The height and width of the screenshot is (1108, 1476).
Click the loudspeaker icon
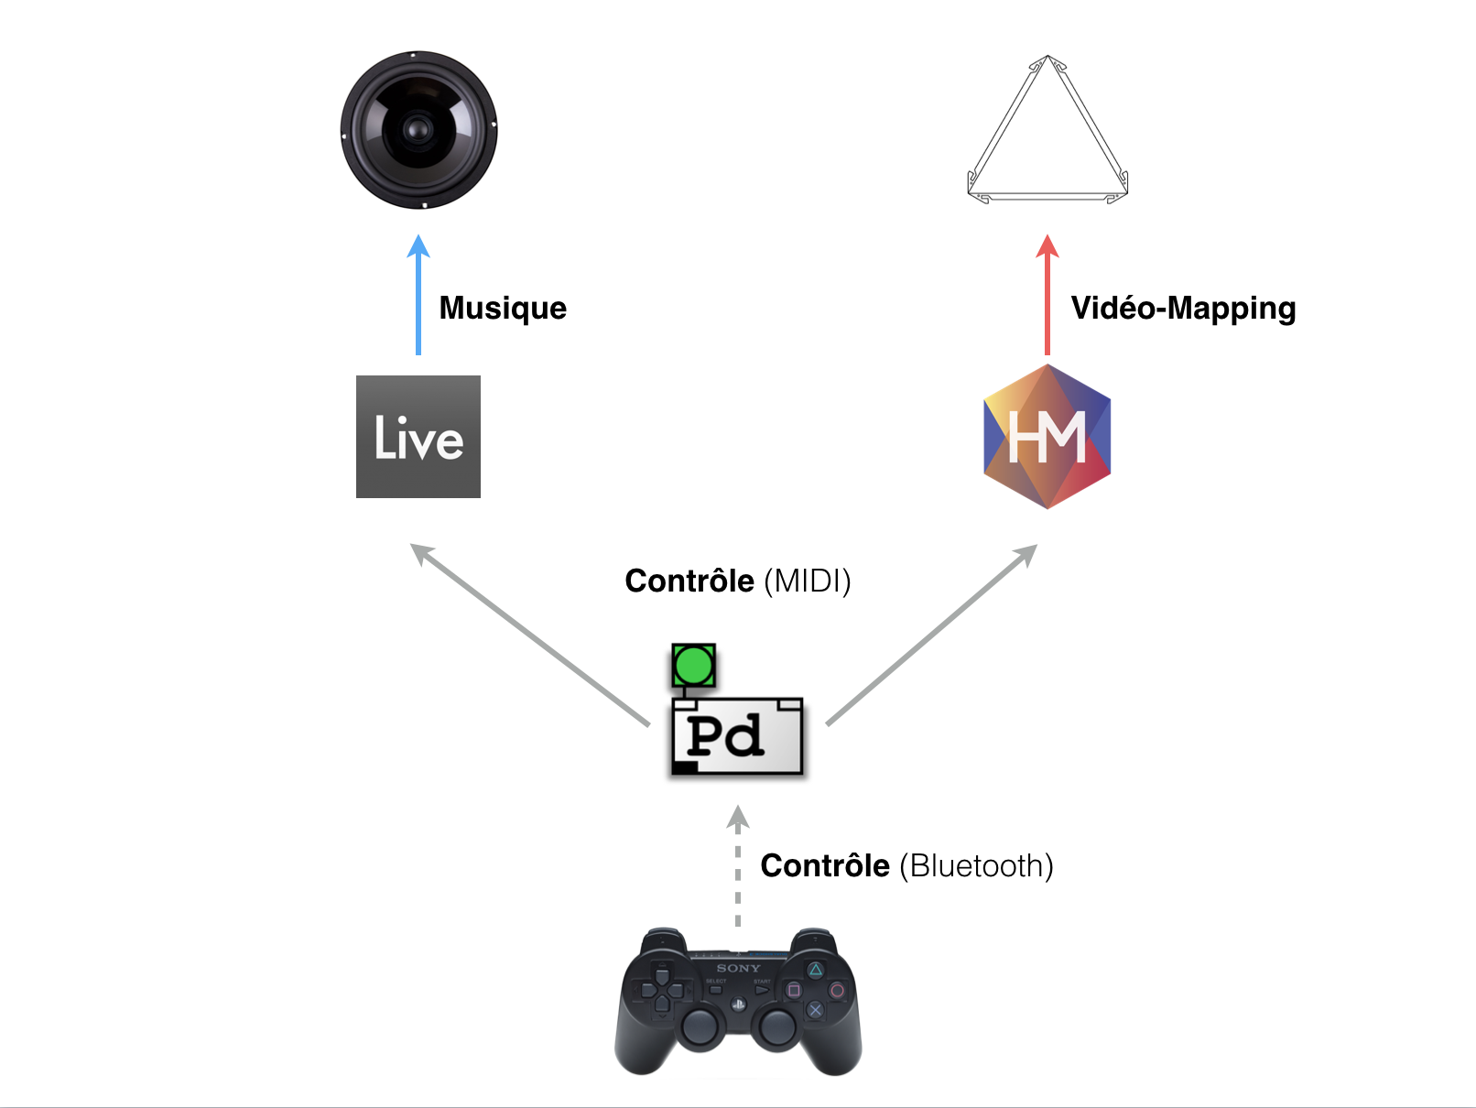pyautogui.click(x=418, y=130)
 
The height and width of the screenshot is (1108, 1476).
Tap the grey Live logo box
pyautogui.click(x=418, y=437)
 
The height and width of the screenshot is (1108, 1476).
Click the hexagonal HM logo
pyautogui.click(x=1047, y=437)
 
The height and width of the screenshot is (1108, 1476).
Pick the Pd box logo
pyautogui.click(x=737, y=736)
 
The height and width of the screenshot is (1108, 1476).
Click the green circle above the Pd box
pyautogui.click(x=693, y=666)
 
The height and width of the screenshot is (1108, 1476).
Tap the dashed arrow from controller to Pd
pyautogui.click(x=738, y=866)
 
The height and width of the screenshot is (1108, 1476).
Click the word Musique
pyautogui.click(x=503, y=308)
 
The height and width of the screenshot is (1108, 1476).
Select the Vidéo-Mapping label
pyautogui.click(x=1183, y=309)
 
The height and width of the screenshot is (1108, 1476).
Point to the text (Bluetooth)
pyautogui.click(x=976, y=866)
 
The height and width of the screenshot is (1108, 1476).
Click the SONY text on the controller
pyautogui.click(x=738, y=968)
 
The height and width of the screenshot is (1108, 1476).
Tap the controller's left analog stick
pyautogui.click(x=699, y=1027)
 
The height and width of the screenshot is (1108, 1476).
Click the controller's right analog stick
pyautogui.click(x=777, y=1027)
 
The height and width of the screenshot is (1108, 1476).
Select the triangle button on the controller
pyautogui.click(x=815, y=970)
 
